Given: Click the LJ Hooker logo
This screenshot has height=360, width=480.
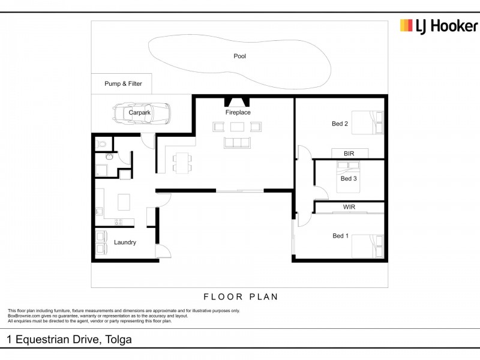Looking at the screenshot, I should [x=439, y=26].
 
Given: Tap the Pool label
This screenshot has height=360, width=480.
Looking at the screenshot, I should [x=240, y=56].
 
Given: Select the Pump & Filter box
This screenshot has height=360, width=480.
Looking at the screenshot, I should [x=122, y=84].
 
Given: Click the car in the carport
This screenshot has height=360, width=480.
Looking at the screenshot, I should [x=141, y=112].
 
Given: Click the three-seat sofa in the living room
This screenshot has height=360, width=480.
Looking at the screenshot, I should [x=238, y=142].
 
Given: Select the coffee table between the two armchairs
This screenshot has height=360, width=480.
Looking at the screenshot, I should [x=238, y=127].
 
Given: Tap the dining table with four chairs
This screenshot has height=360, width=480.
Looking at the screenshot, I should [x=181, y=161].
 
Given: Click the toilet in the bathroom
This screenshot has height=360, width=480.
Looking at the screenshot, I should [x=102, y=144].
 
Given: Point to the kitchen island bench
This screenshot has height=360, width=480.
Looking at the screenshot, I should [x=124, y=202].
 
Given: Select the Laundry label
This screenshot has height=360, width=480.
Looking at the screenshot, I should [x=125, y=242].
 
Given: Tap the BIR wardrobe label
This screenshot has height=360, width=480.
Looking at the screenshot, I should [x=349, y=154].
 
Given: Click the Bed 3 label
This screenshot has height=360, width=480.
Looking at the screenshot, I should [x=349, y=178].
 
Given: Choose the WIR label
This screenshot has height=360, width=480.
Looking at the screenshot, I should [x=350, y=207].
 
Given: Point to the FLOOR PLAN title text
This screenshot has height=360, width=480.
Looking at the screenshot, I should [x=241, y=296].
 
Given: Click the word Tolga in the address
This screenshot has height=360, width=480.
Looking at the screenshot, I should [x=119, y=340].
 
